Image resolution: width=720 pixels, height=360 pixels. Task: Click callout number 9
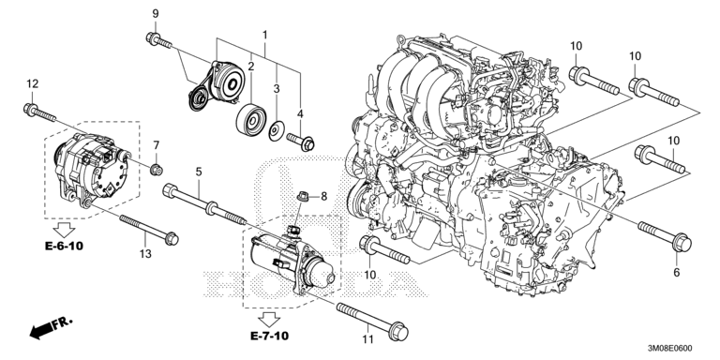pos(156,14)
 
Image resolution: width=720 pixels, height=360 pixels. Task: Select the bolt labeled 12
pos(39,113)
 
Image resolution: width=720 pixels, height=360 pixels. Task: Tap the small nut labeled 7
pos(157,170)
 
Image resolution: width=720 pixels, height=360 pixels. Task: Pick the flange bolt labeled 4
pos(301,141)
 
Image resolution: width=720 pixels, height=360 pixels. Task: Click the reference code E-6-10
pos(65,247)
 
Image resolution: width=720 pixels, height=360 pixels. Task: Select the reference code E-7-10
pos(270,337)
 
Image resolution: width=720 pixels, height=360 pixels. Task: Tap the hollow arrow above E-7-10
pos(269,319)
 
